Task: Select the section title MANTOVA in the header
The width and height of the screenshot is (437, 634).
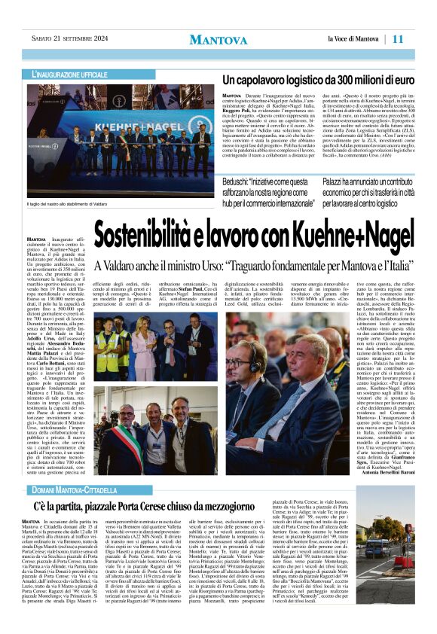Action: [x=218, y=39]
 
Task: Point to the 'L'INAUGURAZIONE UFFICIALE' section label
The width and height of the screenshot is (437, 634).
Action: [x=70, y=75]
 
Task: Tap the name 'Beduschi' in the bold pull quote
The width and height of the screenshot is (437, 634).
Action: [x=242, y=182]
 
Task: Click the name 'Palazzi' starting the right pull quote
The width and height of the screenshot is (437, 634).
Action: [x=337, y=182]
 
